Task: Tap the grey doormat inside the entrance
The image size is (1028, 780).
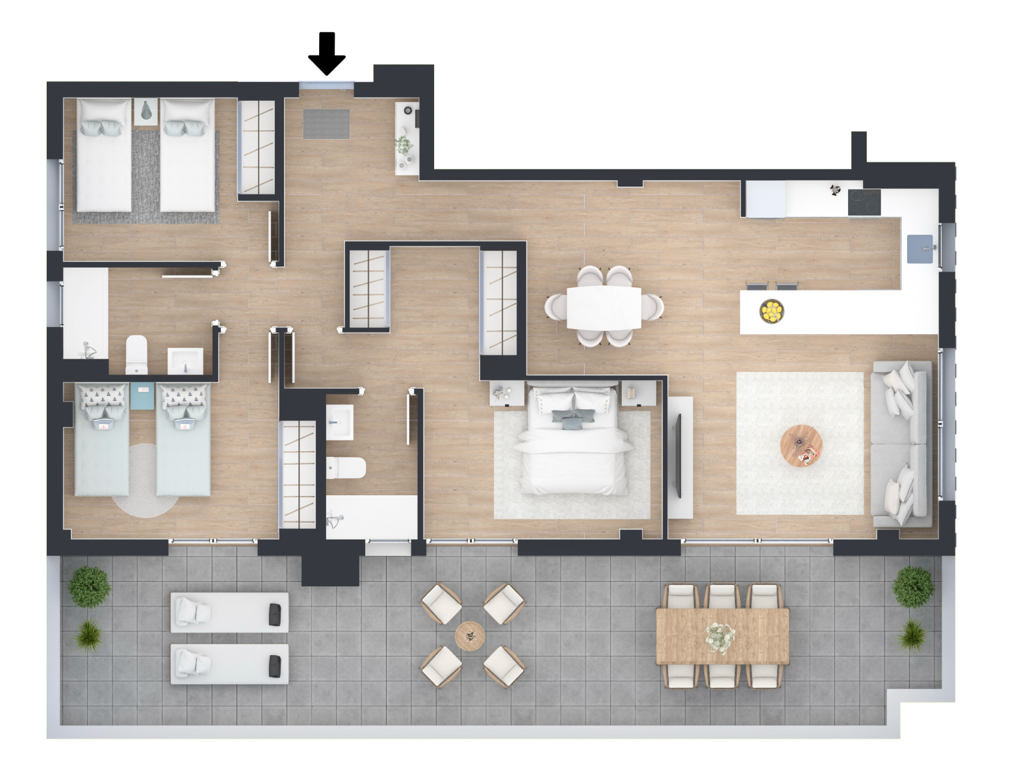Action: click(326, 124)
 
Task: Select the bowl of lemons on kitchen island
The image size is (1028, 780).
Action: click(771, 311)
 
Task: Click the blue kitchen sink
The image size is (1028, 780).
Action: click(920, 250)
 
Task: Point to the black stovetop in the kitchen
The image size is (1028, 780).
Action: click(864, 202)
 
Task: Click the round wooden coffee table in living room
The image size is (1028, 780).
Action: click(801, 445)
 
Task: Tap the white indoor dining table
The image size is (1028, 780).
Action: click(604, 307)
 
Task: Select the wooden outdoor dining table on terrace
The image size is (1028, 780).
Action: click(722, 636)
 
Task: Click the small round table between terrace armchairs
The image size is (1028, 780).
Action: click(470, 634)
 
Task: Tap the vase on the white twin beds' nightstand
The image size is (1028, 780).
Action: click(146, 111)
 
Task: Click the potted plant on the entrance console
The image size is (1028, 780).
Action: click(404, 145)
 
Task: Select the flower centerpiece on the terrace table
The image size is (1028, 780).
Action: click(720, 636)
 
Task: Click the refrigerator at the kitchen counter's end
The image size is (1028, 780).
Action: click(765, 199)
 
